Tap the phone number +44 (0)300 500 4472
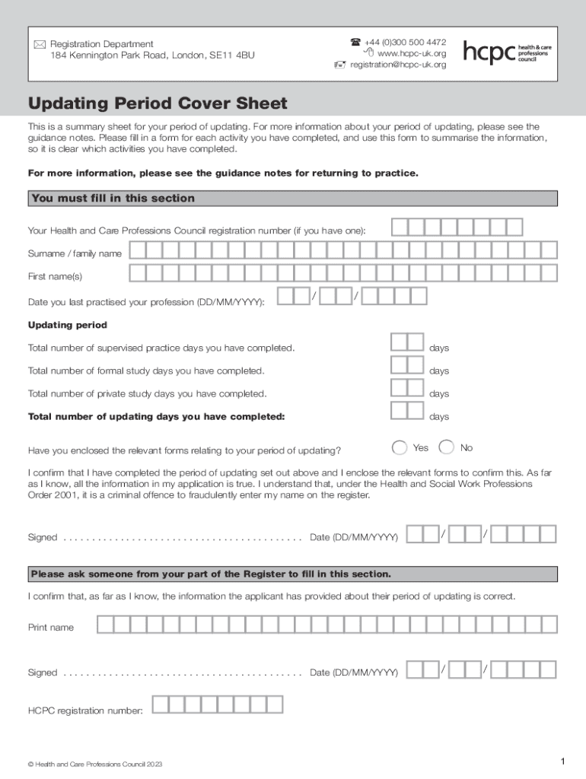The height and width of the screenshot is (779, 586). coord(405,42)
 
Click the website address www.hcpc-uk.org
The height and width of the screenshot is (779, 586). coord(411,53)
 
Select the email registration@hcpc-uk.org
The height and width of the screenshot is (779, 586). coord(398,65)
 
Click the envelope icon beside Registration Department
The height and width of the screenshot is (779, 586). coord(40,45)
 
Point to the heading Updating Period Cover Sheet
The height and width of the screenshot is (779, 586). coord(158,103)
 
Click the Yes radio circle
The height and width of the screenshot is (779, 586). coord(400,447)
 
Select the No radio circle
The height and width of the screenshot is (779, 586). coord(447,447)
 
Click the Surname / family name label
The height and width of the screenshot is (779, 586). coord(75,253)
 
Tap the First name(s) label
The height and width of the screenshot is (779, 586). coord(55,276)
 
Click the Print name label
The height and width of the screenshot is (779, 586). coord(51,628)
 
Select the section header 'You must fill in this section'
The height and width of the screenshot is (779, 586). coord(113,199)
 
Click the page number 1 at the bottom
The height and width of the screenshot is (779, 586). coord(562,762)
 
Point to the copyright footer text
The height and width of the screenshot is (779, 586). coord(95,764)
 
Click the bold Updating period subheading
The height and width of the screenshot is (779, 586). coord(68,325)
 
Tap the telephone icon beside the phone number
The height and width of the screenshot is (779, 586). coord(355,42)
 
